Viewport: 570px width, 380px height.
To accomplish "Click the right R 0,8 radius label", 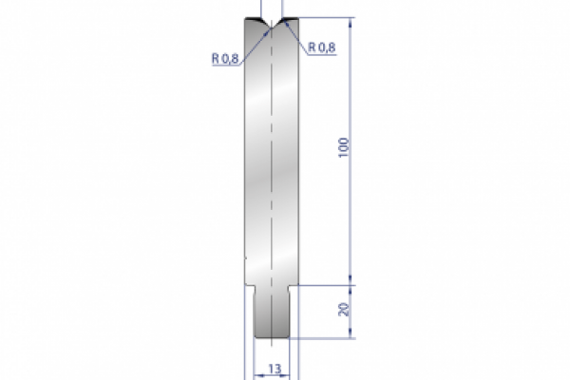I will click(321, 47).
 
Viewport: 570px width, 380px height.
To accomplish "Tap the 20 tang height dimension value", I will click(343, 309).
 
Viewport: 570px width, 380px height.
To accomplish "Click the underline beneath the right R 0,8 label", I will click(321, 54).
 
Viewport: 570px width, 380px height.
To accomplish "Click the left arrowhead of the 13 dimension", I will click(258, 373).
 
